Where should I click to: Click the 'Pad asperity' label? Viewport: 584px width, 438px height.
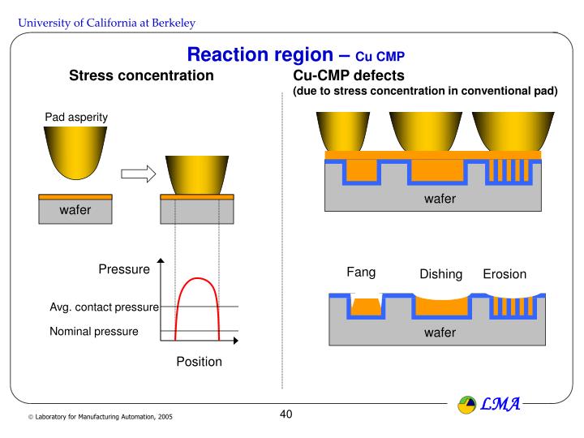point(76,118)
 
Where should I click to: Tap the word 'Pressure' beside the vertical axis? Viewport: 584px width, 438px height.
point(124,269)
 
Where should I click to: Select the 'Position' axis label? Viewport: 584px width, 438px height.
point(199,362)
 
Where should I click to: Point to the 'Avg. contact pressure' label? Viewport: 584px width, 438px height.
point(104,307)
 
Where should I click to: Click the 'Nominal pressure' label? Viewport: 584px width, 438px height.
point(94,331)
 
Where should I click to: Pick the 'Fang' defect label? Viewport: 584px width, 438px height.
point(361,272)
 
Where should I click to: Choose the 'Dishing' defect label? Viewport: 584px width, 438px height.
point(440,274)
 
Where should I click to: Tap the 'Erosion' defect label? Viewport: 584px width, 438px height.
point(505,274)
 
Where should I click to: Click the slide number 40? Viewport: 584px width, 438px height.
point(286,414)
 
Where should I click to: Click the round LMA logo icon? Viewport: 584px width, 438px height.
point(468,403)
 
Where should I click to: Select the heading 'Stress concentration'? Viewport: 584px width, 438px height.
point(141,76)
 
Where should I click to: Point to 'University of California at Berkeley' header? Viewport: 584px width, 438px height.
point(107,22)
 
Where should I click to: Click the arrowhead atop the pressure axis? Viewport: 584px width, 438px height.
point(161,260)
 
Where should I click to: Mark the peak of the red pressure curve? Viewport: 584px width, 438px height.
point(198,278)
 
